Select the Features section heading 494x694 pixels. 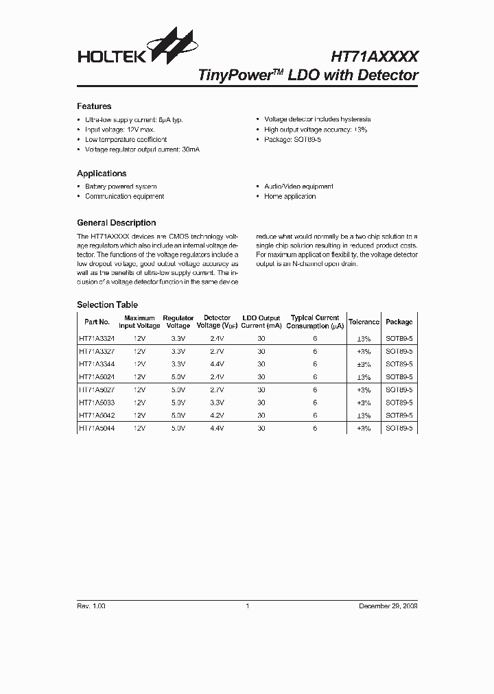pyautogui.click(x=94, y=106)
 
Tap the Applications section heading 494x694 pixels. pyautogui.click(x=102, y=173)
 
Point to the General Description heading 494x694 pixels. pyautogui.click(x=116, y=223)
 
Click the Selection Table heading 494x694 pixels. pyautogui.click(x=107, y=304)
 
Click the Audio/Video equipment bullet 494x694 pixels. pyautogui.click(x=298, y=187)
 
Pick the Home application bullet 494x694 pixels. pyautogui.click(x=290, y=196)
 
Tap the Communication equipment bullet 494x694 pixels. pyautogui.click(x=124, y=196)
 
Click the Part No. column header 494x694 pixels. pyautogui.click(x=97, y=322)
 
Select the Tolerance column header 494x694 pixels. pyautogui.click(x=364, y=322)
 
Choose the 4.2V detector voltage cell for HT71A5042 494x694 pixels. pyautogui.click(x=217, y=416)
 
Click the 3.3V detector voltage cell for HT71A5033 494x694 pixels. pyautogui.click(x=217, y=403)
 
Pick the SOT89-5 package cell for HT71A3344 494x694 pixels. pyautogui.click(x=399, y=364)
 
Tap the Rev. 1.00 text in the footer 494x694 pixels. pyautogui.click(x=91, y=606)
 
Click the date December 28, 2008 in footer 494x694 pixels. pyautogui.click(x=388, y=606)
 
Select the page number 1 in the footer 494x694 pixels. pyautogui.click(x=247, y=606)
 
